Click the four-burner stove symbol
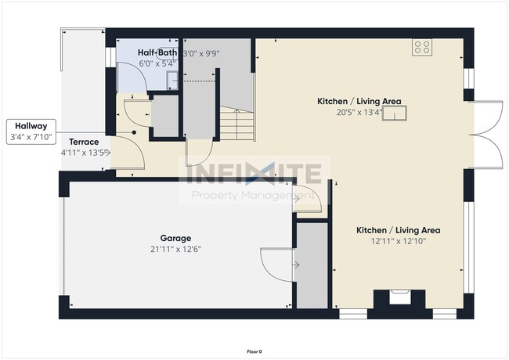[x=424, y=47]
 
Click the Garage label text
[x=175, y=238]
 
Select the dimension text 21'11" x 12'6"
[x=175, y=249]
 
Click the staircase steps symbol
[x=236, y=124]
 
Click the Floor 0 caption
[x=254, y=351]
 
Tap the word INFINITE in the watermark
[x=254, y=172]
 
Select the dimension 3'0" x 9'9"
[x=200, y=53]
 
